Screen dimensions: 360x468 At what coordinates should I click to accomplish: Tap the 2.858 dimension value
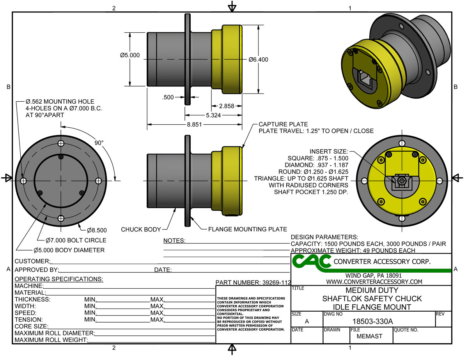click(x=227, y=106)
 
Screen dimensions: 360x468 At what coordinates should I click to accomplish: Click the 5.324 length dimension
click(x=213, y=115)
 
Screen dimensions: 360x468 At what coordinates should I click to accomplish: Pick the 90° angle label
click(x=99, y=143)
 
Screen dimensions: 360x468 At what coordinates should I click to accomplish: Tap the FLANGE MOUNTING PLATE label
click(x=248, y=229)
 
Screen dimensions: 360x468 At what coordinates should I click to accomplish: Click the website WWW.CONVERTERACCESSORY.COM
click(x=374, y=282)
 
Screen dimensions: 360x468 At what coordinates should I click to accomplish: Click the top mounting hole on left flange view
click(x=60, y=143)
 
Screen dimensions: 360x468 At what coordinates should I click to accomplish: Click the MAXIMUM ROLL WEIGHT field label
click(x=50, y=340)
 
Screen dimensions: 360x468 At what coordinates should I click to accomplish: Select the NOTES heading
click(x=174, y=240)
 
